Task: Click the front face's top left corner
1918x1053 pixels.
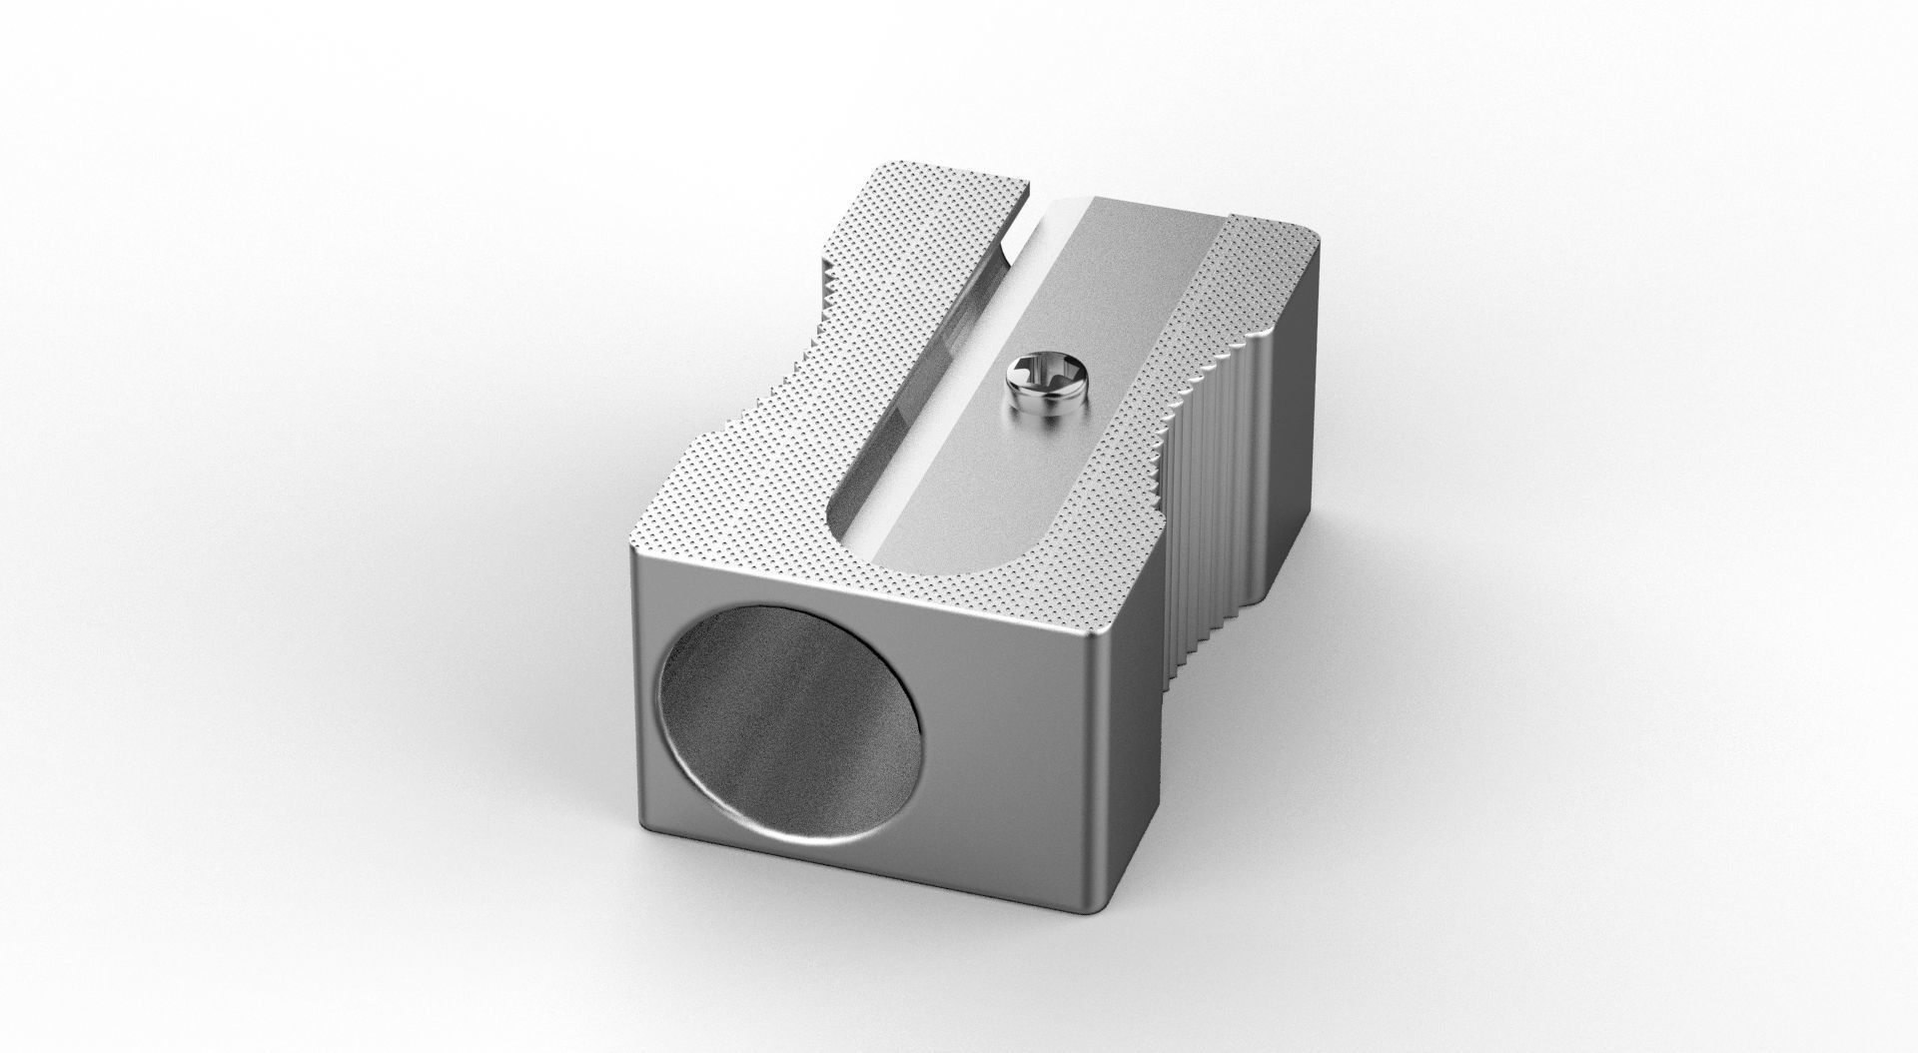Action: point(635,547)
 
